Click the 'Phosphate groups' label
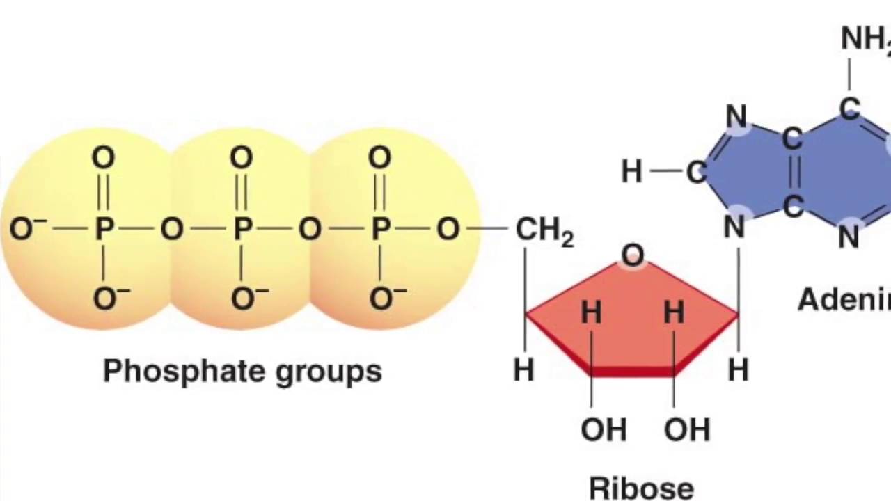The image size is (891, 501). coord(242,371)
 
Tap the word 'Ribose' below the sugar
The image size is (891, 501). coord(641,487)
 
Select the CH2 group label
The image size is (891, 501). coord(544,230)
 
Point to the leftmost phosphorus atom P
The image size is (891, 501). coord(104,228)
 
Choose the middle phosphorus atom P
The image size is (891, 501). coord(242,228)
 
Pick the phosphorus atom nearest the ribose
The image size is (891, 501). coord(379,228)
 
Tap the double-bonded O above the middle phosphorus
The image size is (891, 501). coord(242,158)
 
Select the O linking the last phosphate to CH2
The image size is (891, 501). coord(448,228)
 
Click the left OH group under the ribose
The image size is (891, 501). coord(603,429)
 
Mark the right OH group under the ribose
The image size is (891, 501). coord(686,429)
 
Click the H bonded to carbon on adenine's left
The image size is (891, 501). coord(631,171)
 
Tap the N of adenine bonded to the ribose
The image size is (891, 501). coord(735,227)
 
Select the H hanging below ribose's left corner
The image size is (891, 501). coord(523,370)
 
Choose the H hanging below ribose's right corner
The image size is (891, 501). coord(738,370)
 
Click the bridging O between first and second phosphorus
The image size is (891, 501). coord(172,228)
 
